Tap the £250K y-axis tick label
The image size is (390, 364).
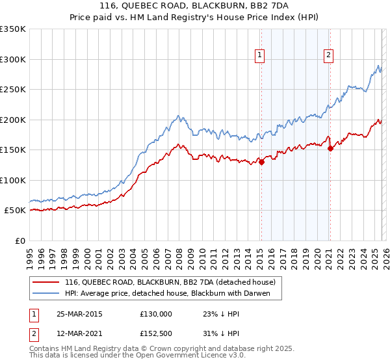click(x=13, y=90)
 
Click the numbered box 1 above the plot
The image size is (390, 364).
click(x=260, y=56)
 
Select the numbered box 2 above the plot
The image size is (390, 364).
click(x=329, y=56)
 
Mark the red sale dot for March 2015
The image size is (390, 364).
click(x=261, y=162)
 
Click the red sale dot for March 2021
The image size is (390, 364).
click(x=330, y=149)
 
